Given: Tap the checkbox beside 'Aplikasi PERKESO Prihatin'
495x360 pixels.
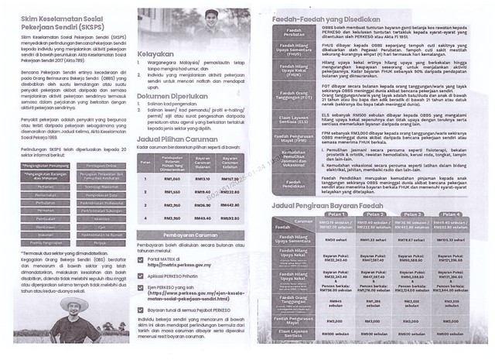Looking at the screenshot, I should [x=141, y=275].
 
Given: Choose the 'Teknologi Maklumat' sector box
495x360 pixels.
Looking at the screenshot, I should [x=97, y=187].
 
